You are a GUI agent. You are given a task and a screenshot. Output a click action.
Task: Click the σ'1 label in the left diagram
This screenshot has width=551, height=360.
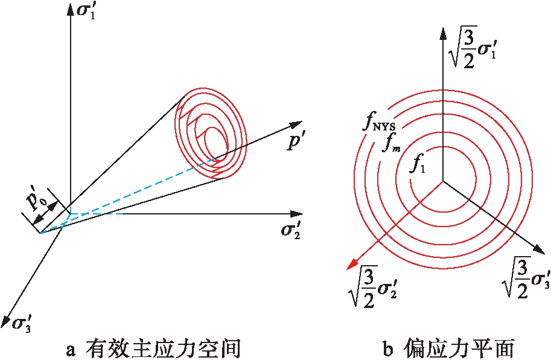point(89,12)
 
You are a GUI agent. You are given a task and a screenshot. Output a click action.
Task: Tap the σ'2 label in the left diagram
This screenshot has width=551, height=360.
point(291,231)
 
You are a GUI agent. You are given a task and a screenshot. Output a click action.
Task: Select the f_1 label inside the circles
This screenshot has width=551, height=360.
point(418,163)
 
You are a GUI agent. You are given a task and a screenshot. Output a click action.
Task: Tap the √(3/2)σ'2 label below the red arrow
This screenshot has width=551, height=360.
point(369,286)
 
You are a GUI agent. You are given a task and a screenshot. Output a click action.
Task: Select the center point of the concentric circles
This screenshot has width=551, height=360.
point(444,181)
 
